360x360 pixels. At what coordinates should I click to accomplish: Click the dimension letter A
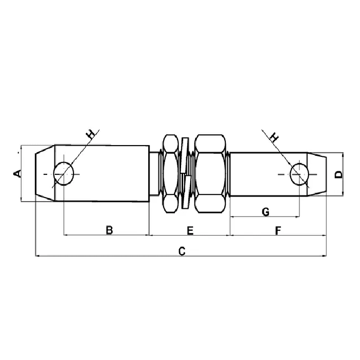point(17,174)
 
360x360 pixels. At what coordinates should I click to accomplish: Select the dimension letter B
point(110,230)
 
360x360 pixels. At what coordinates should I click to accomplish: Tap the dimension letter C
point(182,251)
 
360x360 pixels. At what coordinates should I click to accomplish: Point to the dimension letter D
point(338,174)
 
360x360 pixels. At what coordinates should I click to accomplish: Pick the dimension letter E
point(190,230)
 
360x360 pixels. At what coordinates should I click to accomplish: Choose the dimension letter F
point(278,230)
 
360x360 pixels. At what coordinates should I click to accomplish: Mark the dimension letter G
point(266,212)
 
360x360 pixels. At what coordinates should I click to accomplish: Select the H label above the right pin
point(274,137)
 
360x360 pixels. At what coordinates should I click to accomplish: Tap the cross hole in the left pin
point(64,174)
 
